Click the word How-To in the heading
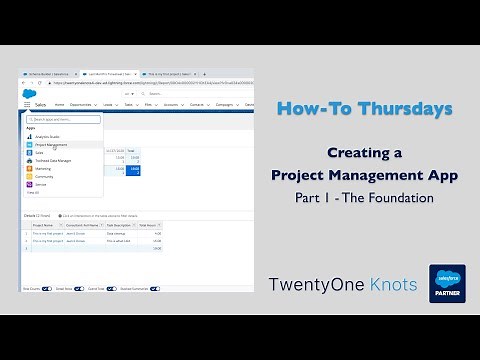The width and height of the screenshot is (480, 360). pyautogui.click(x=306, y=108)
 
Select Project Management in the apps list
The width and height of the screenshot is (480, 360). pyautogui.click(x=52, y=144)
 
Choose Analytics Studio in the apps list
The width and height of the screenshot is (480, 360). pyautogui.click(x=50, y=136)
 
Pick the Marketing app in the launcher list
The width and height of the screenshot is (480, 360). pyautogui.click(x=44, y=168)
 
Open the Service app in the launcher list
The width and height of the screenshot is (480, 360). pyautogui.click(x=41, y=184)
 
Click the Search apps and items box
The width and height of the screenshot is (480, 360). pyautogui.click(x=62, y=120)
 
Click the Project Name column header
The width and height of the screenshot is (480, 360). pyautogui.click(x=43, y=226)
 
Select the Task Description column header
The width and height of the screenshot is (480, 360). pyautogui.click(x=117, y=226)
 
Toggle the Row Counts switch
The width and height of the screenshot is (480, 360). pyautogui.click(x=26, y=287)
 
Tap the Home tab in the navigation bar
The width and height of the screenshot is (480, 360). pyautogui.click(x=59, y=104)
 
